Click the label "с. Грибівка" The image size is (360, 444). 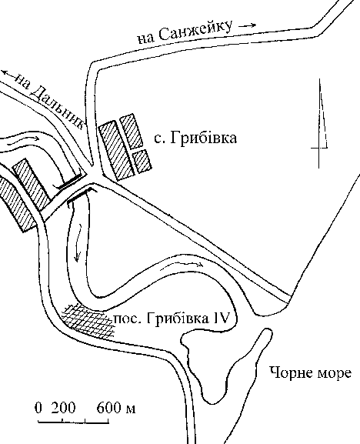tap(195, 139)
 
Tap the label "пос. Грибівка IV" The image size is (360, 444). tap(171, 319)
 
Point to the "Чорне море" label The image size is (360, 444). tap(311, 372)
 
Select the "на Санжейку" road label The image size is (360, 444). tap(185, 32)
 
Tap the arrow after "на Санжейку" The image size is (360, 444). tap(248, 25)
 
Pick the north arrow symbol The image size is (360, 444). tap(320, 123)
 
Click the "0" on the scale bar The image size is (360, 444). tap(38, 408)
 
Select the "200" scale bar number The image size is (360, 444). tap(63, 408)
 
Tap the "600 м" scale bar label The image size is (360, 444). tap(116, 408)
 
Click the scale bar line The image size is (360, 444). tap(74, 422)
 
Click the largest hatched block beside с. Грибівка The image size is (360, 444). tap(116, 150)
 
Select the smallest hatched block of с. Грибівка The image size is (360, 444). tap(142, 161)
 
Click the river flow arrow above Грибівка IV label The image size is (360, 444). tap(182, 265)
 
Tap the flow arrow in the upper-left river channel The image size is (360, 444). tap(23, 140)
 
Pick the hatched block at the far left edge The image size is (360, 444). tap(18, 203)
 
